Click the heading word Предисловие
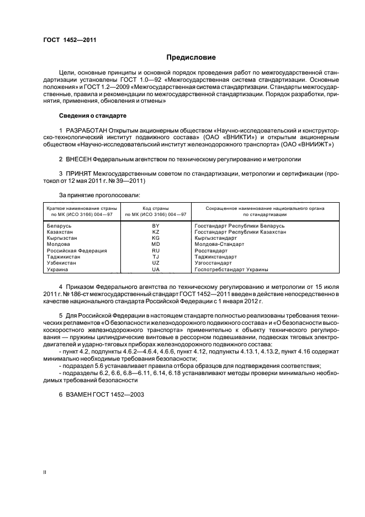coord(191,57)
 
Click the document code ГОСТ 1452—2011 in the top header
coord(66,40)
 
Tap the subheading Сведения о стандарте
coord(93,116)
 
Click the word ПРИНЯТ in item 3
coord(77,173)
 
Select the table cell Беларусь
coord(59,226)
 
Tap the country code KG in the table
coord(155,239)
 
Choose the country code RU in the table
coord(155,251)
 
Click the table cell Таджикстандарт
coord(216,257)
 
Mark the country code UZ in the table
coord(155,263)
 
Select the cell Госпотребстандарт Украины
coord(231,269)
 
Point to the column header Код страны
coord(155,208)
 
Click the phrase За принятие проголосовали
coord(92,194)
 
